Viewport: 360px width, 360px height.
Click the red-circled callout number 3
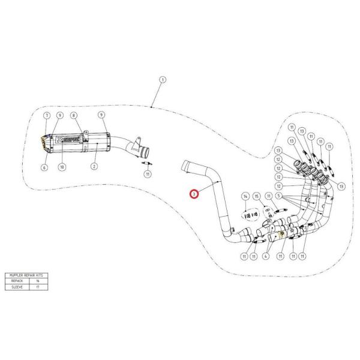tap(193, 194)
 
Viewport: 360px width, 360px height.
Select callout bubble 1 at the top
tap(162, 80)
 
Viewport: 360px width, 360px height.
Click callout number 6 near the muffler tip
tap(44, 168)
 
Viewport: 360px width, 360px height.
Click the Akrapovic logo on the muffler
tap(70, 137)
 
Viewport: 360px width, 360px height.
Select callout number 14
tap(245, 196)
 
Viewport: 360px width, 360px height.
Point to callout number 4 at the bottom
tap(265, 257)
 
